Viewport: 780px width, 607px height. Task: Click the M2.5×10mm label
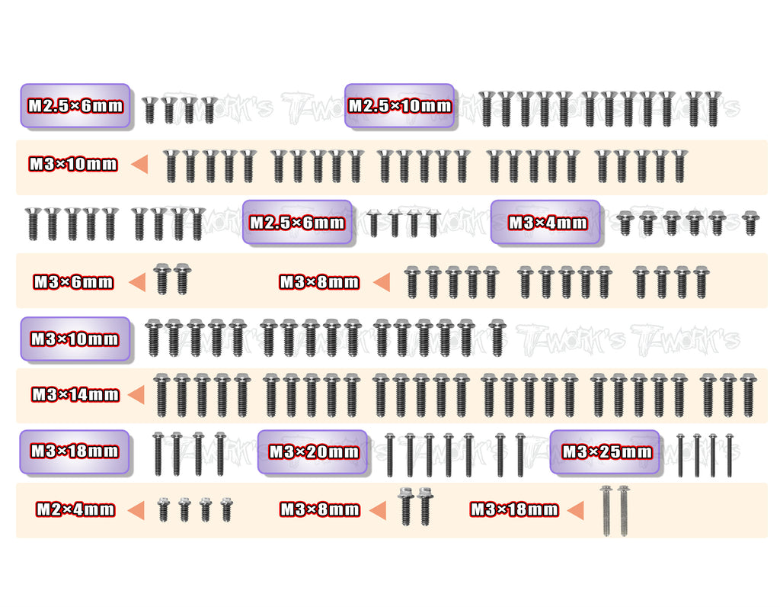click(x=399, y=105)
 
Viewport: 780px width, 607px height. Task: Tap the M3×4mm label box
click(x=545, y=222)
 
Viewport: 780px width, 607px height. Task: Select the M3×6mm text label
click(x=73, y=282)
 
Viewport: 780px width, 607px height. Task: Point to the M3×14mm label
click(x=75, y=395)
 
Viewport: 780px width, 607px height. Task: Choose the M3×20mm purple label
click(x=313, y=451)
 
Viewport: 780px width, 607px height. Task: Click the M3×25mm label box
click(x=606, y=451)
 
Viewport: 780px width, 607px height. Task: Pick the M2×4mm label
click(x=75, y=509)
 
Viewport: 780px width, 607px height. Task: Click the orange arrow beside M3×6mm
click(x=137, y=282)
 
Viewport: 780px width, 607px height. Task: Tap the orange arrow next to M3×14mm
click(x=136, y=395)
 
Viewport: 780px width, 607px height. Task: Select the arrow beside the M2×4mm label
click(x=136, y=510)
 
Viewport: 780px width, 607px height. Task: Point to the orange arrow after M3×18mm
click(x=576, y=510)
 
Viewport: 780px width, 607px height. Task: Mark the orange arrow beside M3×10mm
click(x=139, y=164)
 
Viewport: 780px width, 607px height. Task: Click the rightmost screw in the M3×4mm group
click(x=750, y=223)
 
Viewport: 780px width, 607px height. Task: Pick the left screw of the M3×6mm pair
click(x=162, y=279)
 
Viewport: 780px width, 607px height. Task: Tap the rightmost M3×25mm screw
click(x=729, y=455)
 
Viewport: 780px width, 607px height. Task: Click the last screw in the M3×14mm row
click(x=748, y=395)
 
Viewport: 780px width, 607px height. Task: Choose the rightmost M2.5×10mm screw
click(x=713, y=108)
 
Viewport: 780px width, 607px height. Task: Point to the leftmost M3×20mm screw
click(x=389, y=455)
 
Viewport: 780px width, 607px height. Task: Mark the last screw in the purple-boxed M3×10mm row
click(x=497, y=338)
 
